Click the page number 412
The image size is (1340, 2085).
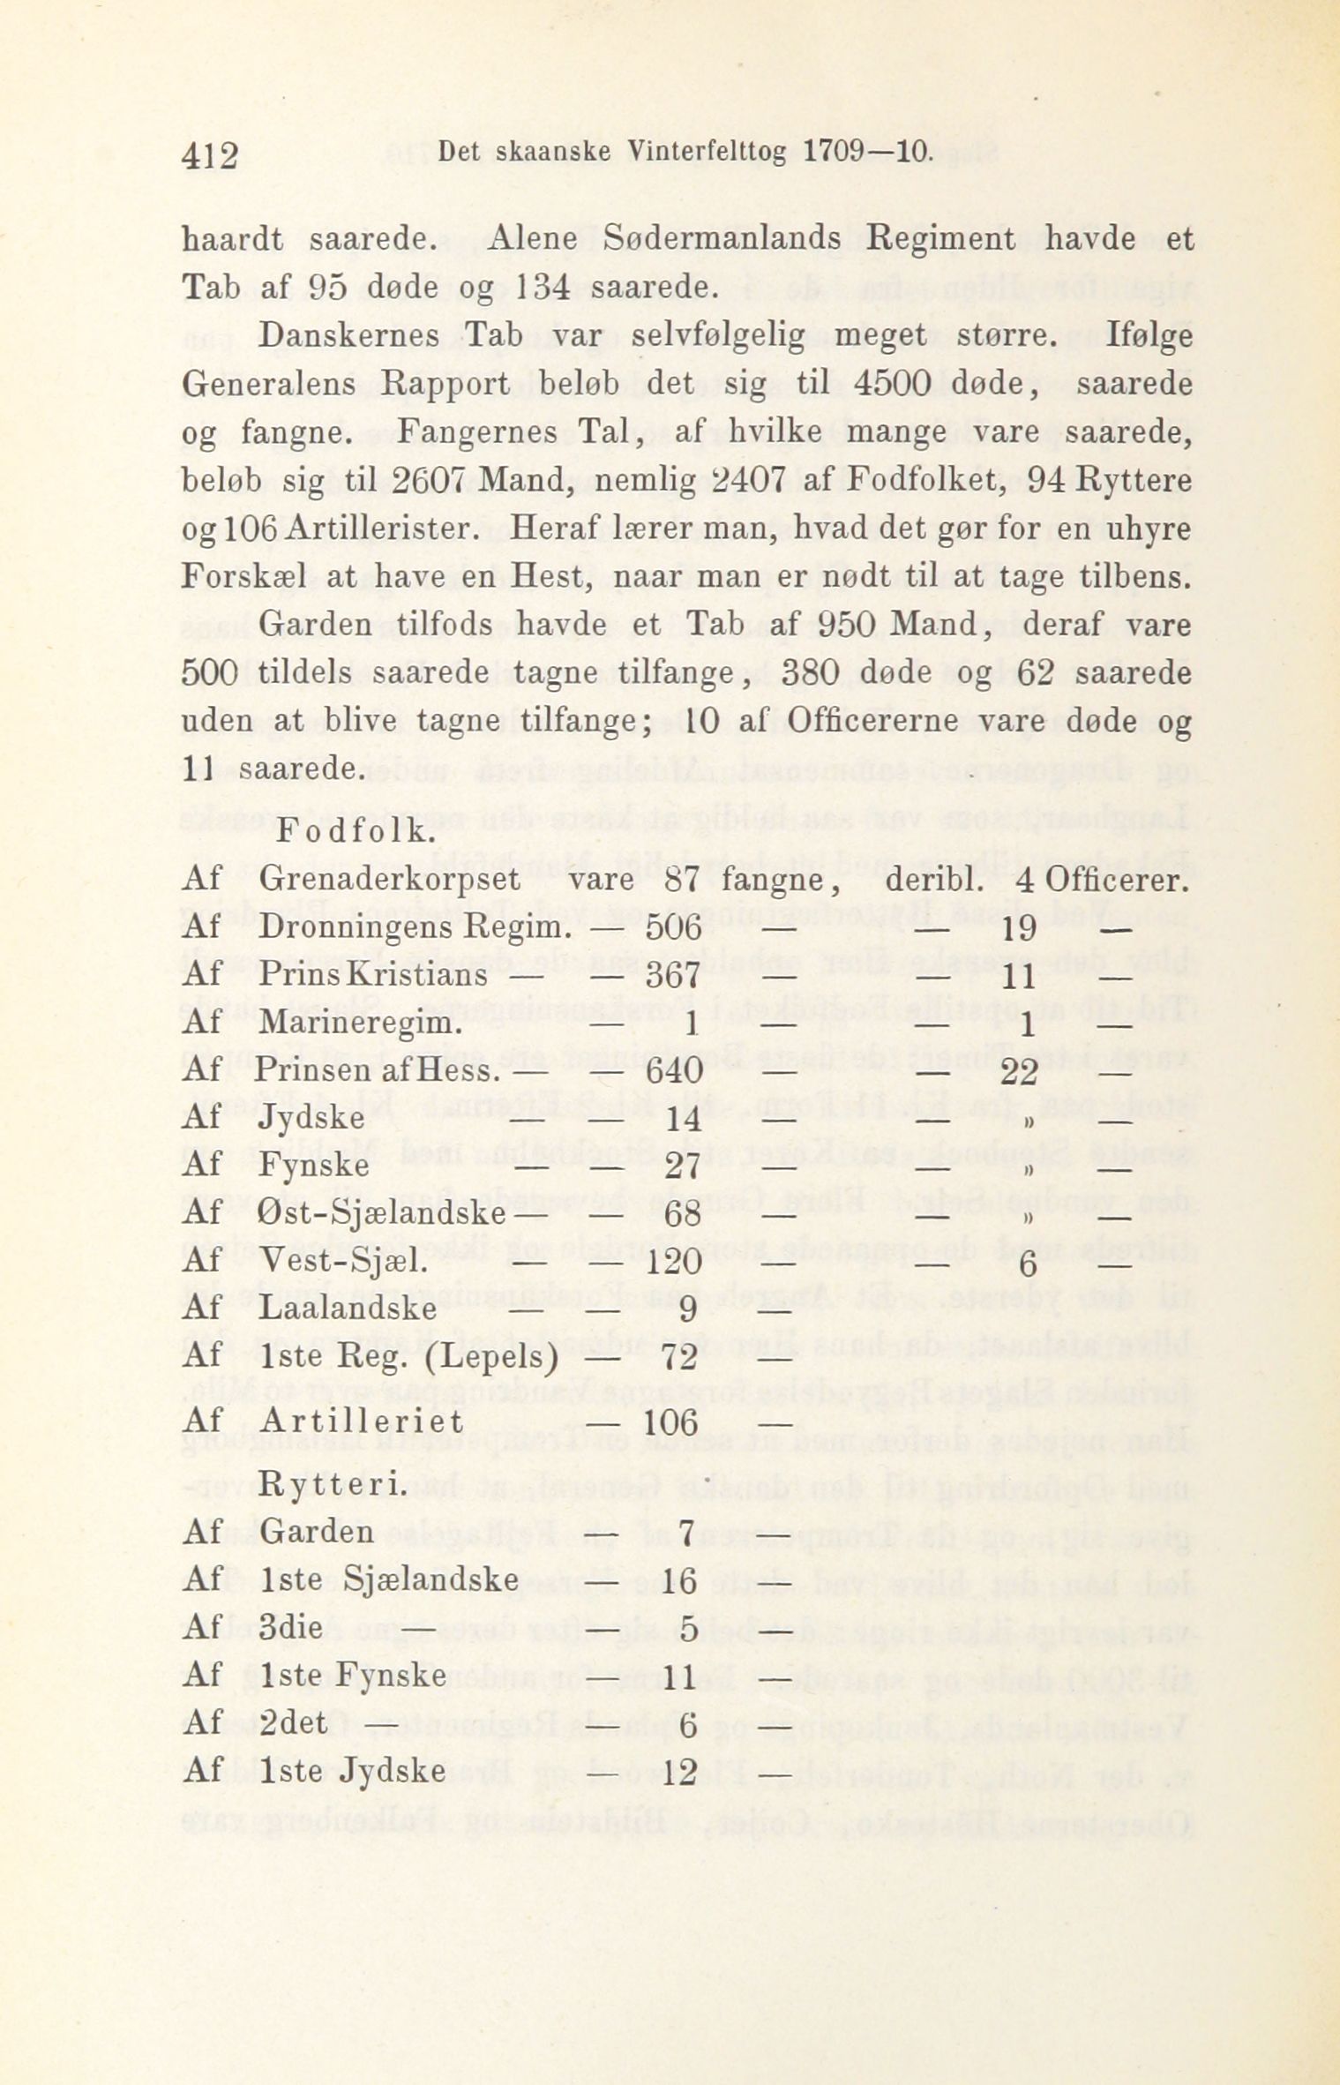pos(210,156)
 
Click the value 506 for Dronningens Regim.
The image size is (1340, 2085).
pos(673,928)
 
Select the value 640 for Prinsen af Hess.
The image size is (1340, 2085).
pos(674,1071)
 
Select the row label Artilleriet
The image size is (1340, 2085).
pos(362,1421)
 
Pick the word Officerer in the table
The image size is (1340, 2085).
pos(1114,880)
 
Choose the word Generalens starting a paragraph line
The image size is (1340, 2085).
pos(268,385)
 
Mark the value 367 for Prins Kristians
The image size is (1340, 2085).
pos(673,976)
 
